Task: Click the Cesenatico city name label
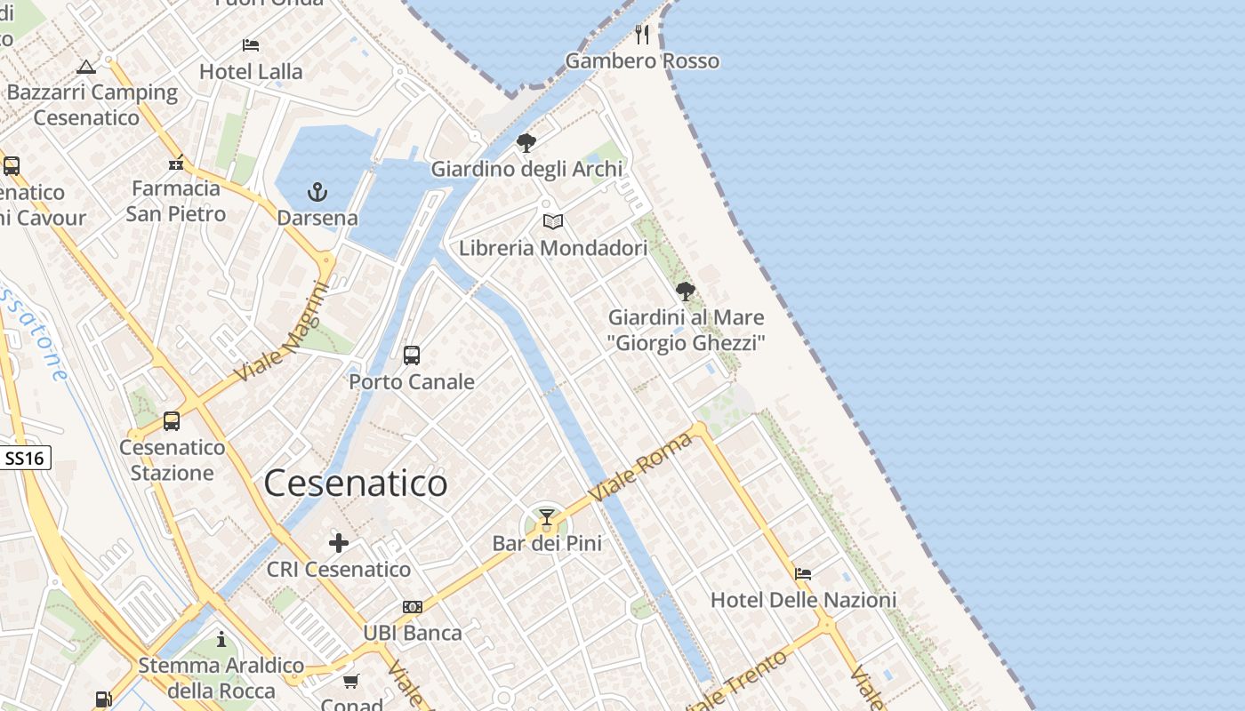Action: point(356,483)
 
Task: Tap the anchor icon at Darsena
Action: point(317,192)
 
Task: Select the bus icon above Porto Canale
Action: point(412,355)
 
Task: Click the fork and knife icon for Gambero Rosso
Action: point(643,35)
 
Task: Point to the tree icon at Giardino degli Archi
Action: point(526,142)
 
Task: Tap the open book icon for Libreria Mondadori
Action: point(553,221)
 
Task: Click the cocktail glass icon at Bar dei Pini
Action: point(547,517)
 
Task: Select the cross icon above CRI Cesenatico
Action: point(339,543)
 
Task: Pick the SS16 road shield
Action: point(25,459)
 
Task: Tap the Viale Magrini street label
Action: point(282,333)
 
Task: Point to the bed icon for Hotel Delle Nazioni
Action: point(803,573)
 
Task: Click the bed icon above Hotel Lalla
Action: point(251,45)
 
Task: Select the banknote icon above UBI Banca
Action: point(413,607)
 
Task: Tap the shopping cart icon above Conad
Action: point(351,682)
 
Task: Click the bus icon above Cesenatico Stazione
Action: point(172,421)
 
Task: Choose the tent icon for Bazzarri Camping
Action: point(85,67)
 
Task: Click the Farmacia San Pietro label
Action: point(175,201)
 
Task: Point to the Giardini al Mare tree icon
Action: point(685,291)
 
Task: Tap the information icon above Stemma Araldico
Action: point(221,639)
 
